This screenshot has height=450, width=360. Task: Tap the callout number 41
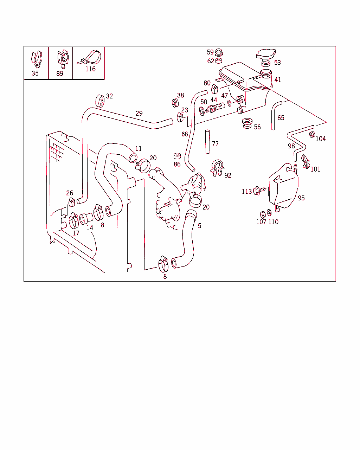click(278, 80)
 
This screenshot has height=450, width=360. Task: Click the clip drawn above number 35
click(36, 59)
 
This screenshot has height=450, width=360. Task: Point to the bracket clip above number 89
click(62, 58)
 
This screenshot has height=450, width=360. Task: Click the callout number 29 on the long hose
click(139, 113)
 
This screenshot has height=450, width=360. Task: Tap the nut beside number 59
click(219, 53)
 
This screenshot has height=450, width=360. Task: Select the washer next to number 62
click(219, 61)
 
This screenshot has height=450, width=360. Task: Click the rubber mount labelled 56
click(247, 123)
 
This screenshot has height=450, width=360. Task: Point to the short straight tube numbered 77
click(207, 141)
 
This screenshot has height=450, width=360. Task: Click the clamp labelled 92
click(218, 167)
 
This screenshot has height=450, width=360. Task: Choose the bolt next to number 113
click(258, 191)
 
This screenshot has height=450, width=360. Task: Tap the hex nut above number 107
click(263, 214)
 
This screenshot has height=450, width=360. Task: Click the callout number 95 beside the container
click(301, 198)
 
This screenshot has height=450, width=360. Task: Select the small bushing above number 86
click(177, 156)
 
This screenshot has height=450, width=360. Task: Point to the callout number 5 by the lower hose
click(200, 226)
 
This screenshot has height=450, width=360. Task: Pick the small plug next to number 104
click(311, 134)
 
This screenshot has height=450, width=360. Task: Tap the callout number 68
click(185, 134)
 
